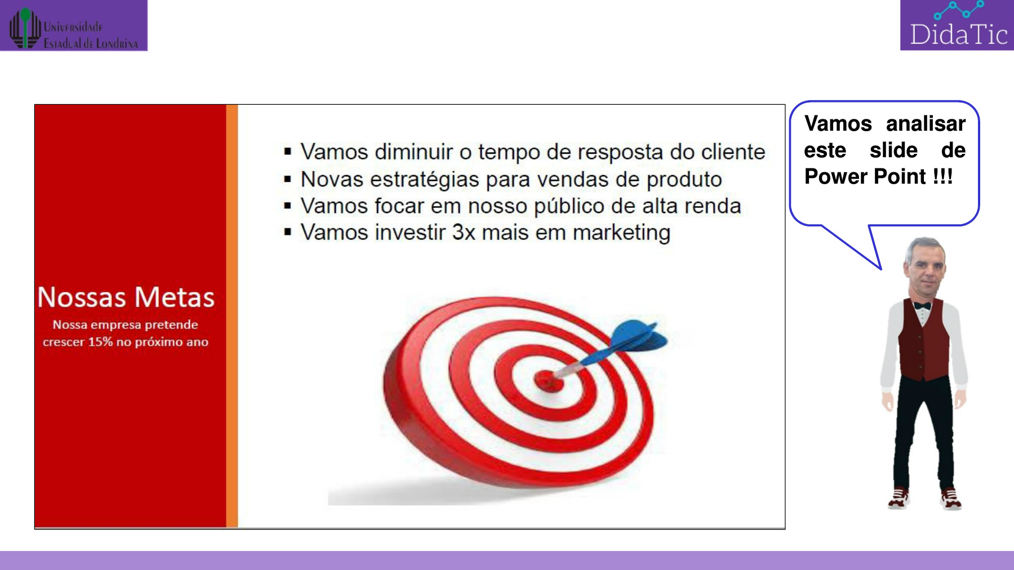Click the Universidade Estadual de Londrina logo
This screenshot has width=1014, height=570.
pos(74,26)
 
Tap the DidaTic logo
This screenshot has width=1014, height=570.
pos(957,25)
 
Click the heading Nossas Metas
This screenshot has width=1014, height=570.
pos(126,297)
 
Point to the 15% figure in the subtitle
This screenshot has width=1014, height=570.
pos(100,342)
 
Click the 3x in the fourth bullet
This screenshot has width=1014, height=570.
pos(464,233)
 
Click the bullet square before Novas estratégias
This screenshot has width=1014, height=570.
pos(288,180)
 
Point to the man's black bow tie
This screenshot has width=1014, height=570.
pos(922,306)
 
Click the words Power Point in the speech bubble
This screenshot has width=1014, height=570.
pos(865,177)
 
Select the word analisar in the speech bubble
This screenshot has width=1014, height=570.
pos(926,123)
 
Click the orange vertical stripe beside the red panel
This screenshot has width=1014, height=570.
pos(232,316)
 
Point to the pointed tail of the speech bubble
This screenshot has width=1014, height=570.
pos(880,268)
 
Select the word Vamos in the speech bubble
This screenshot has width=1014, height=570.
pos(838,123)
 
